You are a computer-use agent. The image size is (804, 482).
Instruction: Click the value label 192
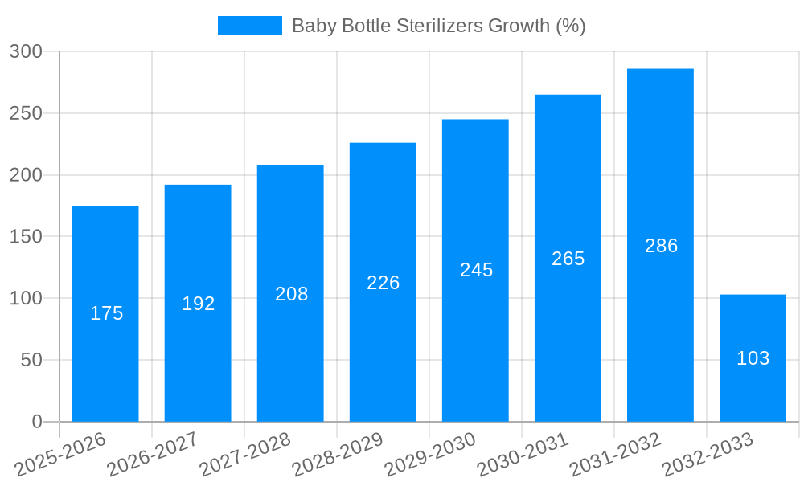coord(199,304)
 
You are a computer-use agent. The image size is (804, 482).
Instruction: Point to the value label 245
coord(476,270)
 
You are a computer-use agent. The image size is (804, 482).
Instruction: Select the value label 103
coord(753,358)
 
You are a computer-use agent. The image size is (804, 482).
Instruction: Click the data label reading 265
coord(568,259)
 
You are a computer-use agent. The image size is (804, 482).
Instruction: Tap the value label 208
coord(291,294)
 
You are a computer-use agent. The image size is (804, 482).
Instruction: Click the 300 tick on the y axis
coord(26,51)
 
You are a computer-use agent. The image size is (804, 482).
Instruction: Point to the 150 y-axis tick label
coord(26,237)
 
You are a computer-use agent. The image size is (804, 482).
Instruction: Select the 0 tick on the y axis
coord(36,422)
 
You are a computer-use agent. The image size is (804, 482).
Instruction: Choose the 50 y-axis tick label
coord(31,360)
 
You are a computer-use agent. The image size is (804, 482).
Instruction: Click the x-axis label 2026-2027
coord(153,454)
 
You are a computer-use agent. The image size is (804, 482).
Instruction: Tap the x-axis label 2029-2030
coord(430,454)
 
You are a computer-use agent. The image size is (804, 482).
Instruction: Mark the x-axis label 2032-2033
coord(708,454)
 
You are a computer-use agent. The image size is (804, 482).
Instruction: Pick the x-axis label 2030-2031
coord(523,454)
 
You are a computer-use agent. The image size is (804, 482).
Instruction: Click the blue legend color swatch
coord(249,26)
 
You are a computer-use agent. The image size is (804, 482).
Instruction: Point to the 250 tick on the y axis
coord(26,113)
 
